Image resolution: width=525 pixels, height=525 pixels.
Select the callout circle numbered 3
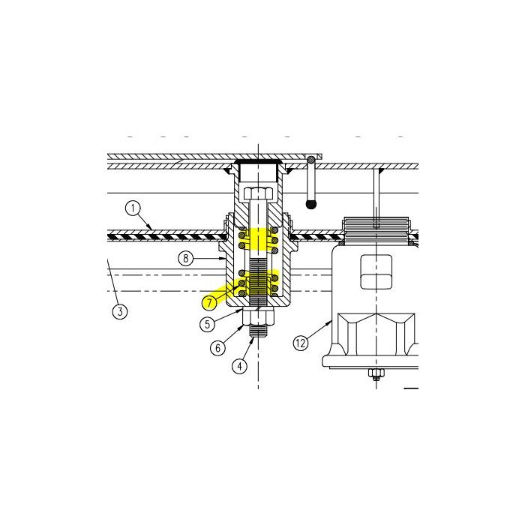coord(118,310)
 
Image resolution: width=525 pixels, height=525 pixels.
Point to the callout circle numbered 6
coord(217,347)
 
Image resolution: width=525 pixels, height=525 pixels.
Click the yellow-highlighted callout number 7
coord(210,302)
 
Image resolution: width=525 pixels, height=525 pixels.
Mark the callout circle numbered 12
coord(301,343)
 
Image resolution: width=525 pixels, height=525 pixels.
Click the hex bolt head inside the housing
coord(258,194)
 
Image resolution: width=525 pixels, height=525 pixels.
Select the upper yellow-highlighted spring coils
coord(259,238)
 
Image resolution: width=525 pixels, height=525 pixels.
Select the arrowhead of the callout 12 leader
coord(331,322)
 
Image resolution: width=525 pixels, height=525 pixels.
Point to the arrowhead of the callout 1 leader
coord(153,228)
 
